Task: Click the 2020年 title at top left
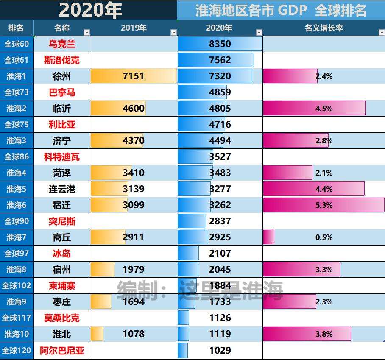pyautogui.click(x=90, y=10)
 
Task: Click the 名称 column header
pyautogui.click(x=62, y=28)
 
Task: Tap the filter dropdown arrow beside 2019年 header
pyautogui.click(x=173, y=33)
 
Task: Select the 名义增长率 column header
pyautogui.click(x=324, y=28)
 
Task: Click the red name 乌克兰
pyautogui.click(x=62, y=44)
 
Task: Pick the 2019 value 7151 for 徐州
pyautogui.click(x=133, y=76)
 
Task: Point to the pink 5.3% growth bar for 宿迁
pyautogui.click(x=324, y=205)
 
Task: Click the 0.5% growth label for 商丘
pyautogui.click(x=324, y=237)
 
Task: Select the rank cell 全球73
pyautogui.click(x=17, y=92)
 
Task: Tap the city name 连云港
pyautogui.click(x=62, y=189)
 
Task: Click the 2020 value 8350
pyautogui.click(x=220, y=44)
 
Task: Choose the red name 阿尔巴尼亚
pyautogui.click(x=62, y=351)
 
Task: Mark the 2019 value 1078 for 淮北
pyautogui.click(x=133, y=334)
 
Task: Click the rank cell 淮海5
pyautogui.click(x=17, y=189)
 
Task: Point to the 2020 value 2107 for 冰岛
pyautogui.click(x=220, y=254)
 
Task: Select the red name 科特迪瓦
pyautogui.click(x=62, y=157)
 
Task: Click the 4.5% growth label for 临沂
pyautogui.click(x=324, y=109)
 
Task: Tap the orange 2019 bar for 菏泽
pyautogui.click(x=111, y=173)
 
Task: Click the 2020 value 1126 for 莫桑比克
pyautogui.click(x=220, y=318)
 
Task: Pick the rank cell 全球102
pyautogui.click(x=17, y=286)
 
